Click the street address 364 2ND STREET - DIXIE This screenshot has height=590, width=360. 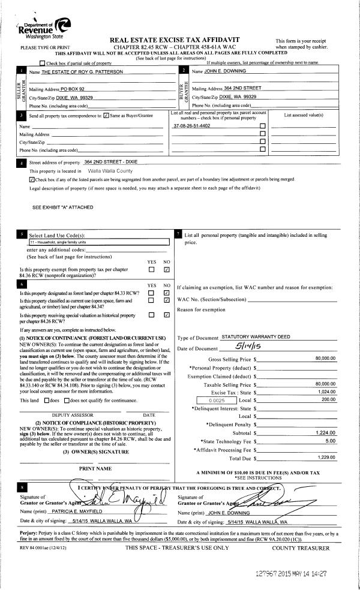(x=119, y=162)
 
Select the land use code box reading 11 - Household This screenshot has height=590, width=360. (x=99, y=242)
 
